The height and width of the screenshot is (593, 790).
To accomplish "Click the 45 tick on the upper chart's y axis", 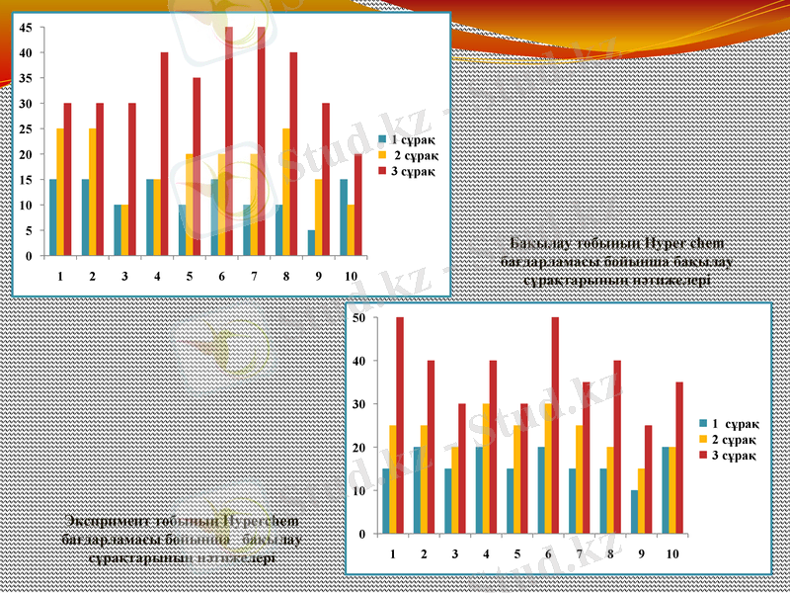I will pos(26,28).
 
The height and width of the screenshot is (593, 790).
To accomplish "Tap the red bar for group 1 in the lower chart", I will pos(400,425).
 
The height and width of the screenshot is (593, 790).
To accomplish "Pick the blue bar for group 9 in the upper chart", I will pos(311,242).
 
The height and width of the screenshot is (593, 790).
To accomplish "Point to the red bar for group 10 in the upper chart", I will pos(357,205).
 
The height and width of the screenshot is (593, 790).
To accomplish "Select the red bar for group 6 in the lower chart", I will pos(555,425).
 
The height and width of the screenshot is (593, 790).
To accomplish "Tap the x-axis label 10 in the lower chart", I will pos(671,553).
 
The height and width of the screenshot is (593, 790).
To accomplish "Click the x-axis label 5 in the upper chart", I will pos(189,276).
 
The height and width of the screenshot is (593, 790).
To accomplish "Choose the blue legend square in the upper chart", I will pos(381,140).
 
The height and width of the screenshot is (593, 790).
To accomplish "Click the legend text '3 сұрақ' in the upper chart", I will pos(413,170).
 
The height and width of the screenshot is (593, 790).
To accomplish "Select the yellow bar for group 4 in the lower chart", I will pos(486,468).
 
